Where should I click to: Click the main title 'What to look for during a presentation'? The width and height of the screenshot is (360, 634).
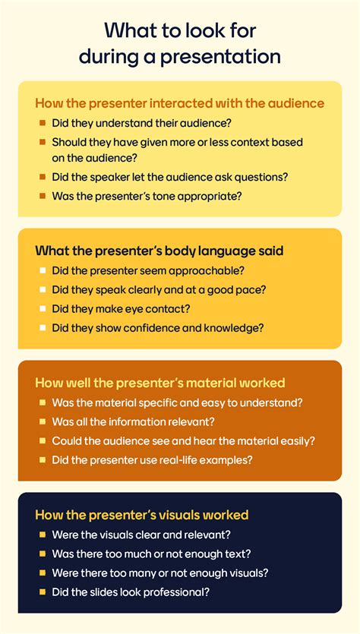point(180,43)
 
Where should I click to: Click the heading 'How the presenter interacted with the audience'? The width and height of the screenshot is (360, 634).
point(180,103)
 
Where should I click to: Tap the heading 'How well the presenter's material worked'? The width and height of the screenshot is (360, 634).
point(160,383)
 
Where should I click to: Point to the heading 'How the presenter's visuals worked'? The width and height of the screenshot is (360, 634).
point(142,515)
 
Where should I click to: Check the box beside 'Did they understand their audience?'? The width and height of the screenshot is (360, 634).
point(42,122)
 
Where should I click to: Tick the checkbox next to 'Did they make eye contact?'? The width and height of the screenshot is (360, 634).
point(42,308)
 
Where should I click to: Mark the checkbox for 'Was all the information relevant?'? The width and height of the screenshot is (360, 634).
point(42,421)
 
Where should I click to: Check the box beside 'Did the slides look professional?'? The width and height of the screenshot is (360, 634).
point(42,591)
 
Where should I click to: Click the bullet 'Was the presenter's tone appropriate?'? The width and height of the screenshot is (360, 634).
point(147,195)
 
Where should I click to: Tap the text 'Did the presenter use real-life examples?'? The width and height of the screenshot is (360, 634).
point(163,459)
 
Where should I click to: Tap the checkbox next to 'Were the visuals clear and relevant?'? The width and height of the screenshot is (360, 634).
point(42,535)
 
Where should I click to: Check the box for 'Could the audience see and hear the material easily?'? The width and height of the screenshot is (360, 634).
point(42,440)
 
